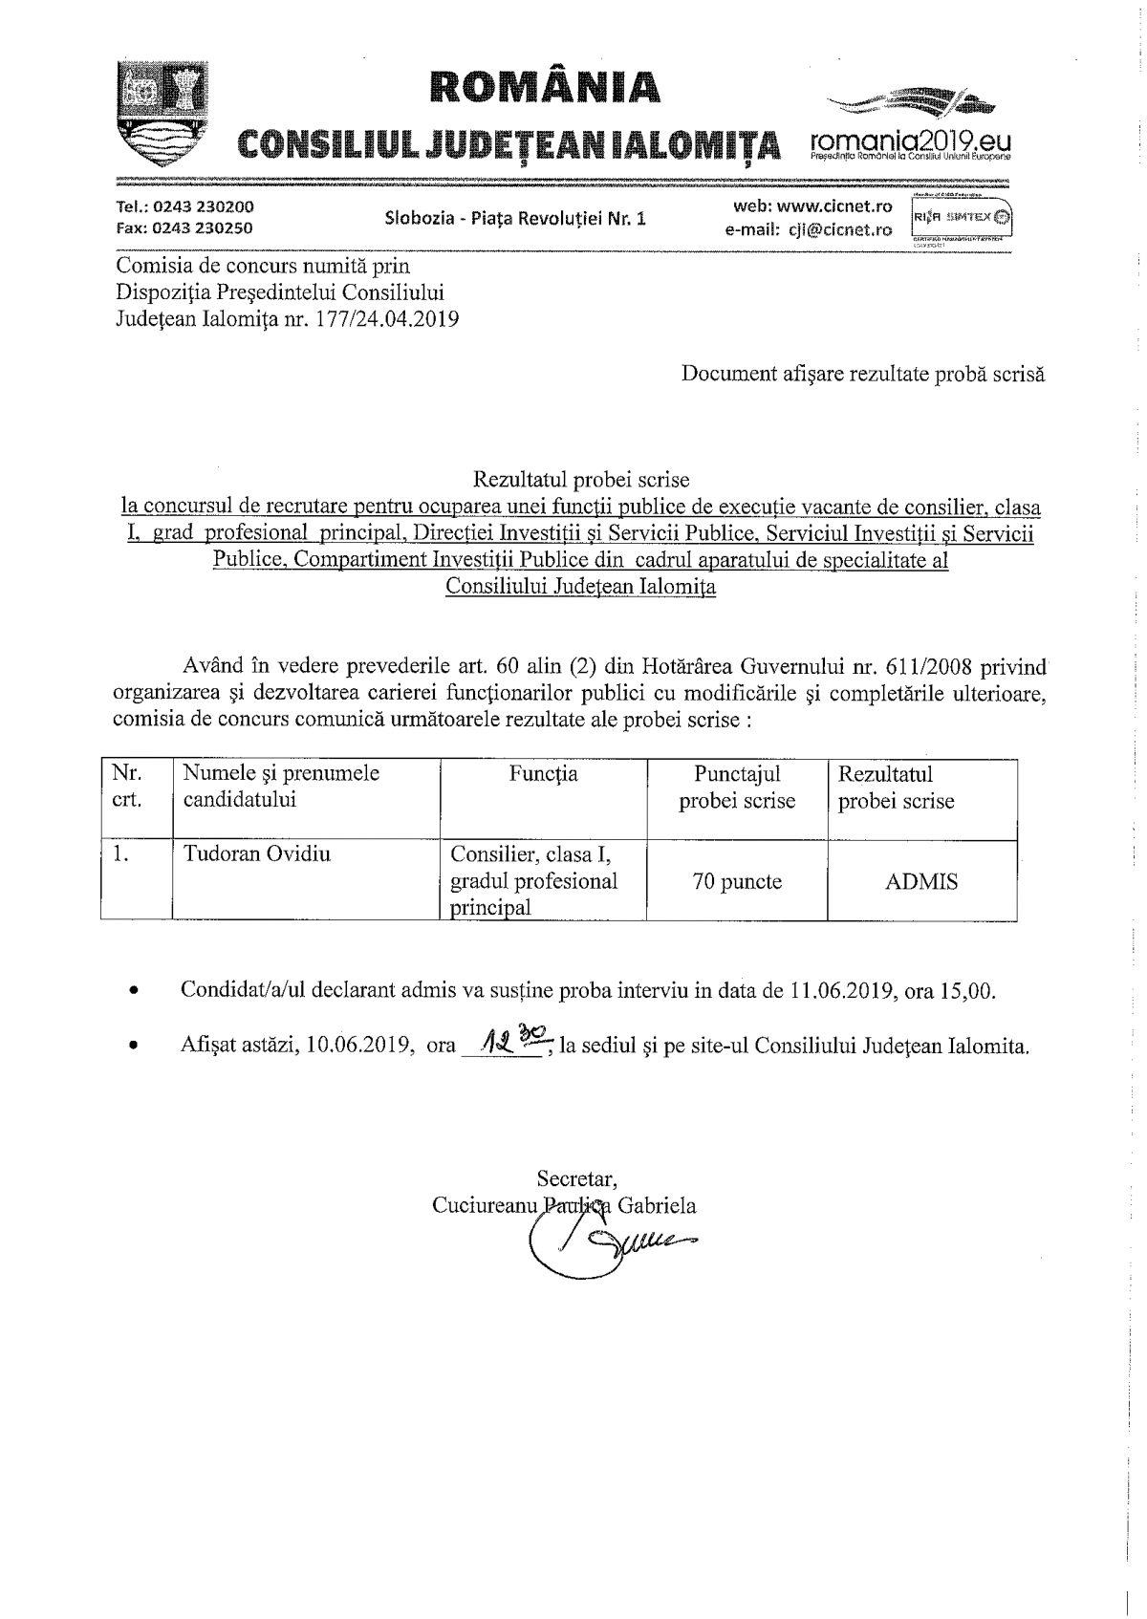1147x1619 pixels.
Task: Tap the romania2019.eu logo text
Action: click(909, 140)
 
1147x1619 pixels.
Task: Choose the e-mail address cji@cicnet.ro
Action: click(841, 229)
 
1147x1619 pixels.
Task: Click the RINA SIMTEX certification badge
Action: click(962, 217)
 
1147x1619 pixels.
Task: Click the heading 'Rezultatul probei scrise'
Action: click(580, 479)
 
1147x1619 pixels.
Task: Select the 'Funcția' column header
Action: click(544, 774)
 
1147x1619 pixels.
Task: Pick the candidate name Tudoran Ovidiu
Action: click(257, 853)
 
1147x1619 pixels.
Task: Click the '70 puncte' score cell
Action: click(737, 882)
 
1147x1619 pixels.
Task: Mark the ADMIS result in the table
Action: click(921, 882)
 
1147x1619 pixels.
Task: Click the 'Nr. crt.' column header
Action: click(127, 787)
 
